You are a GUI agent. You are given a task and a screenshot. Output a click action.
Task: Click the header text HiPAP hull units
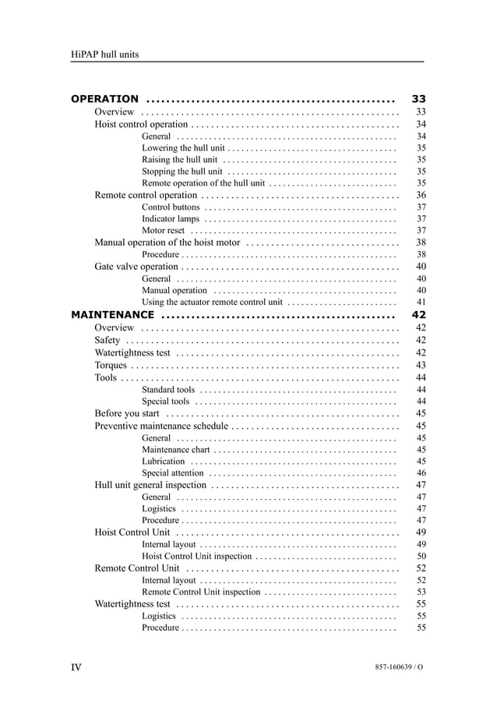104,54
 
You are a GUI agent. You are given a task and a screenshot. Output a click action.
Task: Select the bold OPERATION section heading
104,99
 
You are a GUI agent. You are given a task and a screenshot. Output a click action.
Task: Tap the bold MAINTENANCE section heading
112,315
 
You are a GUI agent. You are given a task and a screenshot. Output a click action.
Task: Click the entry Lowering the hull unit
183,147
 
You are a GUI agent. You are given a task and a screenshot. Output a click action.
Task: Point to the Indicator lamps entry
171,219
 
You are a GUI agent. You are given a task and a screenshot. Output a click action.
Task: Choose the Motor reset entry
164,231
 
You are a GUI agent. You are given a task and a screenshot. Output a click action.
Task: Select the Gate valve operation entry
136,267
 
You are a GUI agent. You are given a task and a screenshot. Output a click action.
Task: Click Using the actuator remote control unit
212,302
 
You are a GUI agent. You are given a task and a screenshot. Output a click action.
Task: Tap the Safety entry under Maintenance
108,340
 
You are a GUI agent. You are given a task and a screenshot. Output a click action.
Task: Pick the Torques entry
110,365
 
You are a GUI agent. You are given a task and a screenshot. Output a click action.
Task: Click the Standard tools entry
168,390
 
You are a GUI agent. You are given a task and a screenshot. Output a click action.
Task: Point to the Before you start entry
127,413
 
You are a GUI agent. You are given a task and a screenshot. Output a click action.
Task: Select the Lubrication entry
164,462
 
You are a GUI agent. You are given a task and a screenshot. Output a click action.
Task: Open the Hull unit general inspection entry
150,485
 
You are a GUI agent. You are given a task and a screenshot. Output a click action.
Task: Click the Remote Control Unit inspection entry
201,593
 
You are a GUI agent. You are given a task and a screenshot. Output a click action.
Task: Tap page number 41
421,302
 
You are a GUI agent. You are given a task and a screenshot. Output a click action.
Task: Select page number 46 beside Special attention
421,473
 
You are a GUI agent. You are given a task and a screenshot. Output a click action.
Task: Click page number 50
421,557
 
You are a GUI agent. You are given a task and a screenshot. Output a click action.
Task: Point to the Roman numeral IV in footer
76,667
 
